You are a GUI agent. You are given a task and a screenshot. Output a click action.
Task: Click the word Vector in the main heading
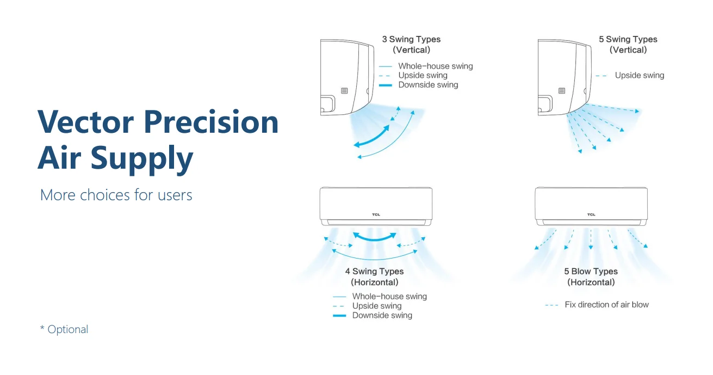coord(85,122)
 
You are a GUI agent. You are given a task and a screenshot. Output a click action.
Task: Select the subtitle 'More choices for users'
coord(116,195)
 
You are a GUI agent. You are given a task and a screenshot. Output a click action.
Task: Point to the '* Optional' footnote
coord(64,329)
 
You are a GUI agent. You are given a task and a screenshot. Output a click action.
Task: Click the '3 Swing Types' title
coord(411,39)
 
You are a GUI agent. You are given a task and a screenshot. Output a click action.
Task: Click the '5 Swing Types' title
coord(628,39)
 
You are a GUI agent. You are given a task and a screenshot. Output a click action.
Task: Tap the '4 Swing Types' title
coord(374,271)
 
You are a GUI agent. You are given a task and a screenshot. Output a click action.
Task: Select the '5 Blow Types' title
coord(591,271)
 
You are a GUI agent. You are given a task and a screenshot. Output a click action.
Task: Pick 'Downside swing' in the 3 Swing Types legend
coord(428,85)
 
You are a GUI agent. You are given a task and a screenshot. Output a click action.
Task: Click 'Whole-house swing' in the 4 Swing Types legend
coord(389,296)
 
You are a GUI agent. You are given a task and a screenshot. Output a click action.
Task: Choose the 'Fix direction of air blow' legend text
coord(607,305)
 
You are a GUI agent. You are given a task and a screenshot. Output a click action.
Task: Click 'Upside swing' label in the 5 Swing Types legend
coord(640,75)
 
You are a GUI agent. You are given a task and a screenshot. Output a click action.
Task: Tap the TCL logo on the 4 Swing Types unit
coord(376,214)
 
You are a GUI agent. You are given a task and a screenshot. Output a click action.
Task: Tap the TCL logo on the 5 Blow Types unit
coord(591,214)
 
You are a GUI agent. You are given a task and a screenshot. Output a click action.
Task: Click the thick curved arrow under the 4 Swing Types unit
coord(375,239)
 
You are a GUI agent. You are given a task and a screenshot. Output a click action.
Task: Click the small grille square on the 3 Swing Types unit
coord(344,91)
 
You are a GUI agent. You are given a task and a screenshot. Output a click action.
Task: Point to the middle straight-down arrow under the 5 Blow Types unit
coord(591,239)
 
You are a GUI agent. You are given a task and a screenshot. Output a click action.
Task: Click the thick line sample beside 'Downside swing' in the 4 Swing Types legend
coord(339,316)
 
